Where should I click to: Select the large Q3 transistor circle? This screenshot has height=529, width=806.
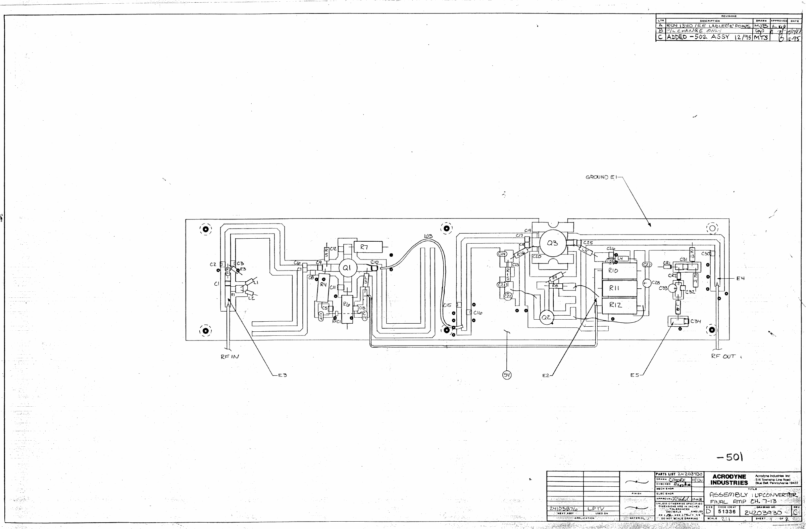[552, 243]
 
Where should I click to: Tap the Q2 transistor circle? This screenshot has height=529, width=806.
[546, 317]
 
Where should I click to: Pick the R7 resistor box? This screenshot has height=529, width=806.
[368, 247]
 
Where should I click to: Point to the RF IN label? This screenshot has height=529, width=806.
[230, 356]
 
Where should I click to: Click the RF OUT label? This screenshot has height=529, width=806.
[723, 356]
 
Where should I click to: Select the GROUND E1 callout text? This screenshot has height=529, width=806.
[602, 177]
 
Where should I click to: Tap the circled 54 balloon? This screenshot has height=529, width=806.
[507, 375]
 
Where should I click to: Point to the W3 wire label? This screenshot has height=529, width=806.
[429, 236]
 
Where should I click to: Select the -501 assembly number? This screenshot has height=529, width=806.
[730, 457]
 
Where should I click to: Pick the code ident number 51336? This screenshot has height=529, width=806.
[727, 512]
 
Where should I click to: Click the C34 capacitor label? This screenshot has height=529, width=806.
[696, 321]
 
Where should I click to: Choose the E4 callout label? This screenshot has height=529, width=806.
[740, 278]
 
